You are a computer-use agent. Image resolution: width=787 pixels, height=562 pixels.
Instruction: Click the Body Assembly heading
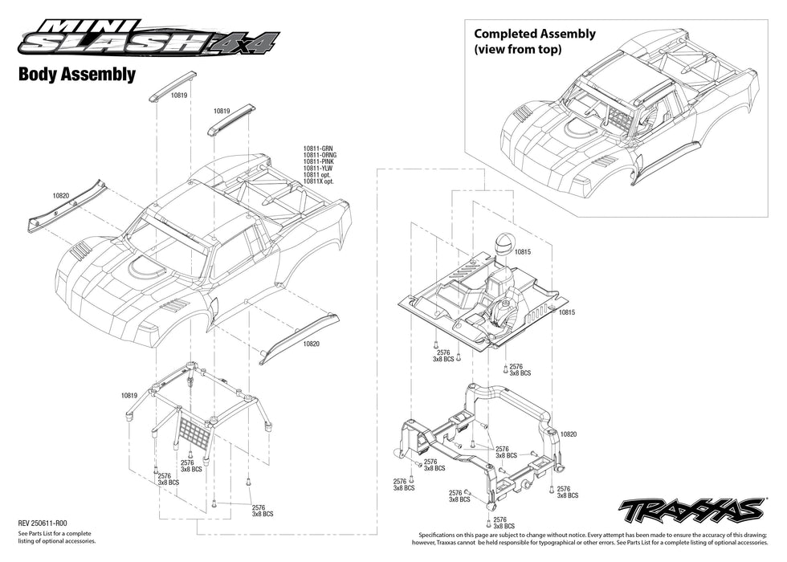76,75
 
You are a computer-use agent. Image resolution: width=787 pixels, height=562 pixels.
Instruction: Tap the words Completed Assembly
535,34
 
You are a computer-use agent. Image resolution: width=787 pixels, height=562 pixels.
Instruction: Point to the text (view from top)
517,49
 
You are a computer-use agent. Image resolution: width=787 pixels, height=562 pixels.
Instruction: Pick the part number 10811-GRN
319,149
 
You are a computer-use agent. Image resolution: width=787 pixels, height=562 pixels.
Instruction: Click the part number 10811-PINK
319,161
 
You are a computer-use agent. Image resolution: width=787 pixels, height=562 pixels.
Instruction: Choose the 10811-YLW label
318,168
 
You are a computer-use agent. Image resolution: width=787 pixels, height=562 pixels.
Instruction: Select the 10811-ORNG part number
320,155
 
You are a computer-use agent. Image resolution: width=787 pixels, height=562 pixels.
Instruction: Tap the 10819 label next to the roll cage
131,395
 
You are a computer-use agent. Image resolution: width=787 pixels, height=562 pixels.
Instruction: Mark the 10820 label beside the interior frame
568,434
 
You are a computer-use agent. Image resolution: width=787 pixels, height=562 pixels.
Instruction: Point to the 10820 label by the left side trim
62,195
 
